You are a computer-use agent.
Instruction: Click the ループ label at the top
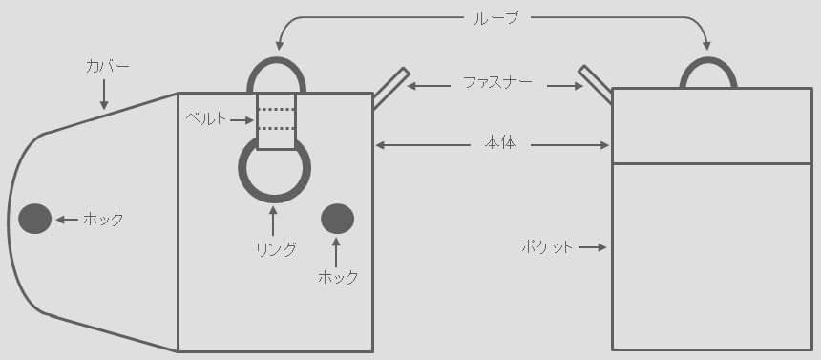point(495,18)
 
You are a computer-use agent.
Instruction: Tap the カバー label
point(107,67)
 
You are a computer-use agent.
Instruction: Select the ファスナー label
point(498,82)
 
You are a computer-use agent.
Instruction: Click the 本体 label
point(500,143)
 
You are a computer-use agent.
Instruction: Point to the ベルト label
point(206,119)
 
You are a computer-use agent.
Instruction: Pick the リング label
point(276,250)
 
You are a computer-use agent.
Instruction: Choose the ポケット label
point(547,246)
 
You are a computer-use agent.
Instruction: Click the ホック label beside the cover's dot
point(103,219)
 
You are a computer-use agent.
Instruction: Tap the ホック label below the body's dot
point(338,277)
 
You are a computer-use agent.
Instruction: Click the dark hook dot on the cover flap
point(35,219)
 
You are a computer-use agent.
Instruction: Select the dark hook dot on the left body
point(337,219)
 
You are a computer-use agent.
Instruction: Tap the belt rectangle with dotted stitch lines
point(276,121)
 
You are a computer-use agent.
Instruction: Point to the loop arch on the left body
point(276,59)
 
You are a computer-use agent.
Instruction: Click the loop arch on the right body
point(708,59)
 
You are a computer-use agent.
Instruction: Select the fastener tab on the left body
point(390,88)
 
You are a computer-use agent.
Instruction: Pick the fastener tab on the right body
point(596,84)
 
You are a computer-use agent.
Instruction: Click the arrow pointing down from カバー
point(104,95)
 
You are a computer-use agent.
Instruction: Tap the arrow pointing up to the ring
point(273,222)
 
